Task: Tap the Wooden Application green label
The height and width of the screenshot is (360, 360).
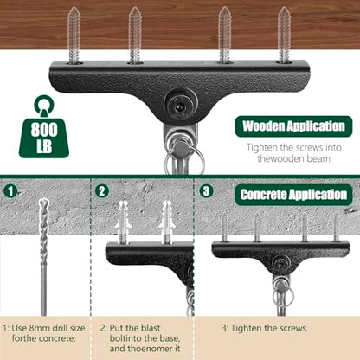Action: [x=293, y=126]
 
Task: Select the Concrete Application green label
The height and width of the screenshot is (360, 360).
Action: [x=293, y=195]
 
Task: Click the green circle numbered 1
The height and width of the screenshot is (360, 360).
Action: [x=10, y=191]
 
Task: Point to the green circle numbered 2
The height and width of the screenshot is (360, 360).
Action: [x=102, y=191]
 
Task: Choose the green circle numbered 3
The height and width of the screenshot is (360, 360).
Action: [x=206, y=191]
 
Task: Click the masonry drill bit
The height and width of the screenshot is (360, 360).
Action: [x=43, y=257]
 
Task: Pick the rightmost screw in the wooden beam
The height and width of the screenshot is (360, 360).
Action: [x=284, y=35]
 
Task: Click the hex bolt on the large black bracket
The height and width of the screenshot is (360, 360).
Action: [x=181, y=106]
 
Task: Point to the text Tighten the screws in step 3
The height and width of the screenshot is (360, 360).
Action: [x=269, y=328]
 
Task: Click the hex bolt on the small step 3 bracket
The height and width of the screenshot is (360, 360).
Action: [x=280, y=263]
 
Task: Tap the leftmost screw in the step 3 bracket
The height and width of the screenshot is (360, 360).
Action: [x=224, y=228]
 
